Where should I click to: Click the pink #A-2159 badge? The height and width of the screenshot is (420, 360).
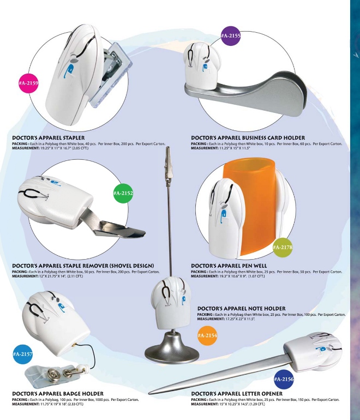point(28,83)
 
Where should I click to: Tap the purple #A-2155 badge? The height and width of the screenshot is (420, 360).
point(231,35)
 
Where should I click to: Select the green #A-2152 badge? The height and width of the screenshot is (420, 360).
point(123,193)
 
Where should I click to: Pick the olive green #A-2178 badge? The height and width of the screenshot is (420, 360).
point(283,247)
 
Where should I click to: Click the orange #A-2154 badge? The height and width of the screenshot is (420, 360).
point(207,335)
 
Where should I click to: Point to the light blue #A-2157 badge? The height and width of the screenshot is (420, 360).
point(23,354)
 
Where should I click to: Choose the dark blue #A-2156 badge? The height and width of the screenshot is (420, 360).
point(284,379)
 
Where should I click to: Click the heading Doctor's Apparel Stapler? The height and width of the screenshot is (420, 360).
point(48,138)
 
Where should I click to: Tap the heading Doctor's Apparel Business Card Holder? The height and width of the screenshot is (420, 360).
point(248,138)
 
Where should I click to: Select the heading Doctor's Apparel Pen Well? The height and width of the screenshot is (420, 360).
point(229,266)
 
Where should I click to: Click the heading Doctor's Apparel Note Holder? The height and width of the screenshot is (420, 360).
point(241,309)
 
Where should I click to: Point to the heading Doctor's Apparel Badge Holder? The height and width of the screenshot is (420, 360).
point(58,394)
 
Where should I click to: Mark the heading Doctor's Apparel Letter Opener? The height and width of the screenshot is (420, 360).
point(237,394)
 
